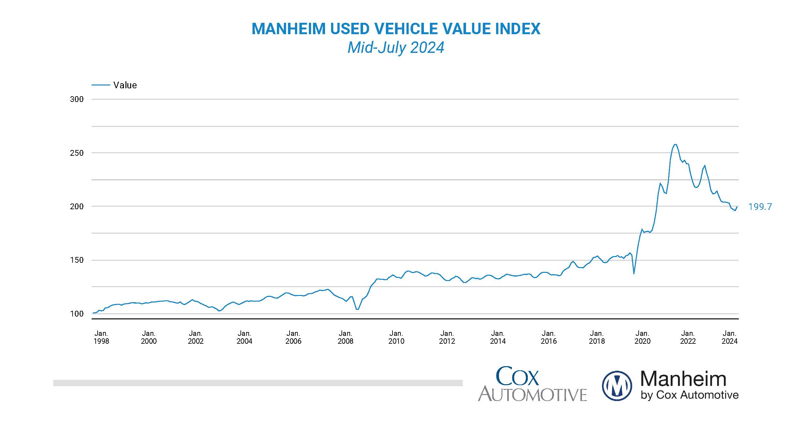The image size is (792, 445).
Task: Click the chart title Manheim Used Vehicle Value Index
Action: pos(396,29)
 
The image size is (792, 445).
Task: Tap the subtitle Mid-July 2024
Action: pos(396,48)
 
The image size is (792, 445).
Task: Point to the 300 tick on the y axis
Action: pos(77,99)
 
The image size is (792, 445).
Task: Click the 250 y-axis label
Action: pos(77,153)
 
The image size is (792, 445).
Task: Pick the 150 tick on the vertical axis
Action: pos(77,260)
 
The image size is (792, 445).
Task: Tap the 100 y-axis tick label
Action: pos(77,314)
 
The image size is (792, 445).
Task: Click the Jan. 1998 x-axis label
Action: pos(101,337)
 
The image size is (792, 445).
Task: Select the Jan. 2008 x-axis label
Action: pos(345,337)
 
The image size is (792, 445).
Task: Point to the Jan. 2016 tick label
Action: pos(548,337)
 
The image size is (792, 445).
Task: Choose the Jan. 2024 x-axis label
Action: pos(730,337)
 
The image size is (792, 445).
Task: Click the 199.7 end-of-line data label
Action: pos(760,207)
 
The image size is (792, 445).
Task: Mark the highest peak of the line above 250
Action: pos(675,145)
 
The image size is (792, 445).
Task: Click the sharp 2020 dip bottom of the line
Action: pos(634,273)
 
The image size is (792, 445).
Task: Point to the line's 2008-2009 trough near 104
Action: pos(357,309)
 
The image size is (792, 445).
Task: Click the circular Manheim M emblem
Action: pos(617,386)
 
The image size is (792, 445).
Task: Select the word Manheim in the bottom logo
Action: pos(683,379)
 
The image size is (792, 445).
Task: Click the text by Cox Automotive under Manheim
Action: pos(689,395)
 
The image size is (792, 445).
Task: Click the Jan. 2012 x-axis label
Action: pos(447,337)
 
